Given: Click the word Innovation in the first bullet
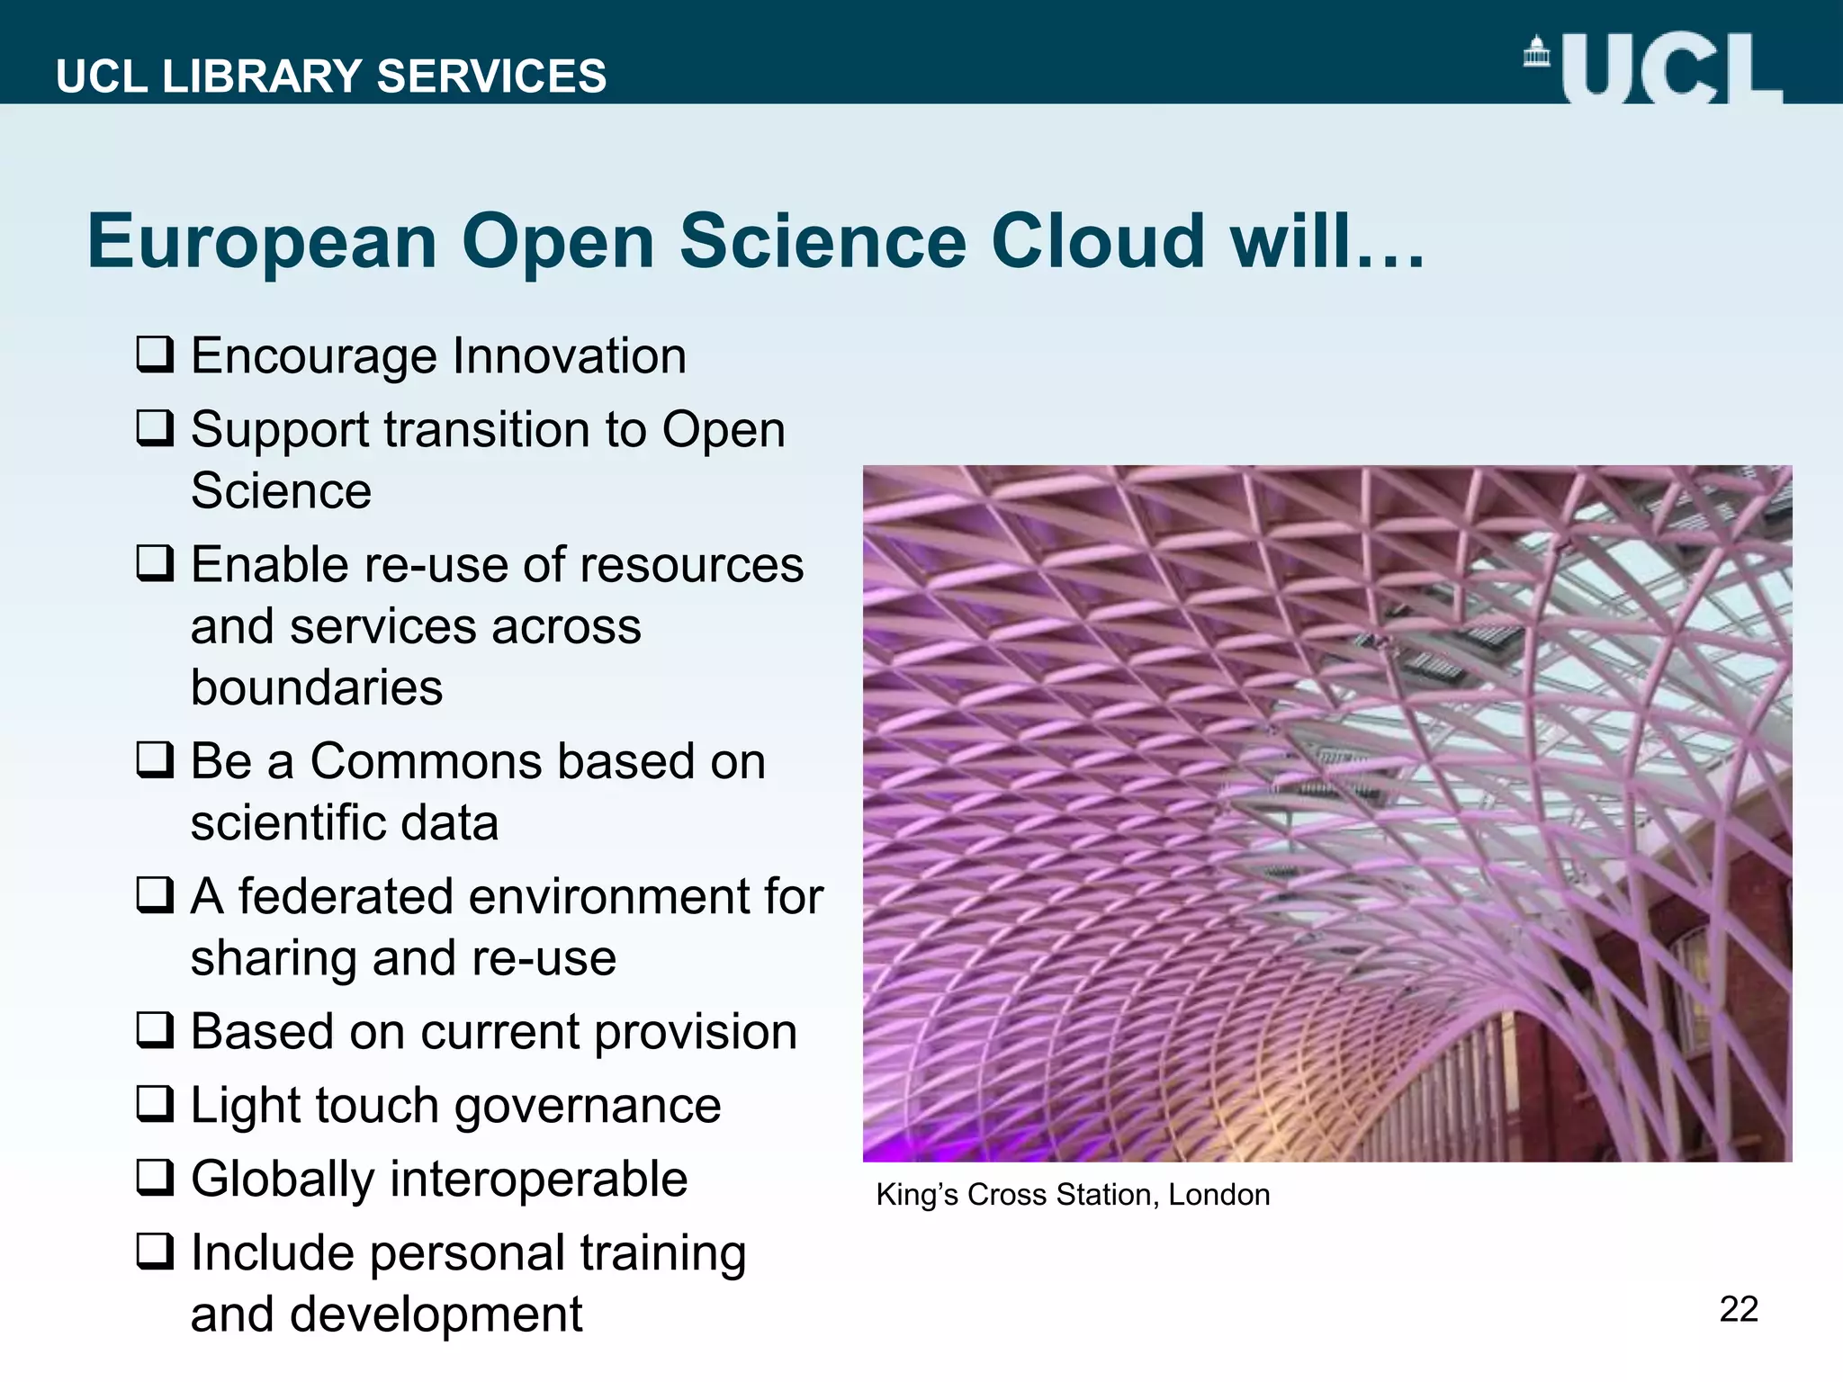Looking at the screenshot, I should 569,355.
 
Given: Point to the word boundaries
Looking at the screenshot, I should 317,687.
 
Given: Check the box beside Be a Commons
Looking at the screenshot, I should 155,759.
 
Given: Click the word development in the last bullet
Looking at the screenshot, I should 436,1315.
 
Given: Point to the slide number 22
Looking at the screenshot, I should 1738,1309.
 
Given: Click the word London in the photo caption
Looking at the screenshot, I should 1219,1195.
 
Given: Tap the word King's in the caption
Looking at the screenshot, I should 917,1195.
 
